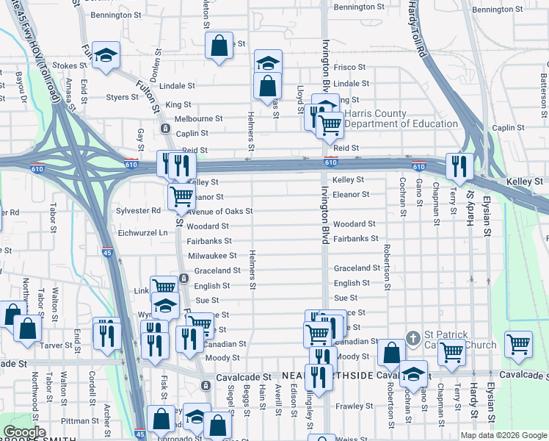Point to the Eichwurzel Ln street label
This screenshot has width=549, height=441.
tap(142, 232)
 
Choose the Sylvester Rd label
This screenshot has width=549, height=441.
tap(138, 210)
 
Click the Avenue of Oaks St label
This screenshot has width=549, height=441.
tap(219, 212)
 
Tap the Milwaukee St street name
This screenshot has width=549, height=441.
tap(212, 256)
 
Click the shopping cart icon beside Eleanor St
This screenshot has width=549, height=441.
tap(181, 196)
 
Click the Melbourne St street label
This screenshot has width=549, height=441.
tap(198, 118)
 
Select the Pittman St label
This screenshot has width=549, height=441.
tap(75, 420)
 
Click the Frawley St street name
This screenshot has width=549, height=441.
tap(355, 406)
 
